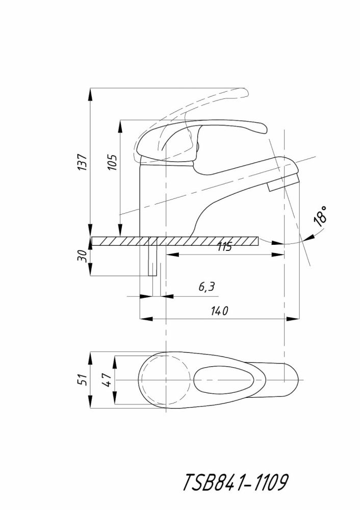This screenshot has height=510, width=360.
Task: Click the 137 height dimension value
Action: [x=83, y=162]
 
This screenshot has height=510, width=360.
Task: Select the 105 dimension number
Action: [x=112, y=162]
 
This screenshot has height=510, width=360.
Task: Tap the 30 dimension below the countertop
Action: [x=83, y=257]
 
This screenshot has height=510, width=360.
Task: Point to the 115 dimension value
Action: [x=224, y=247]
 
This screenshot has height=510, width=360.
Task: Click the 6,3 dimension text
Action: [x=207, y=287]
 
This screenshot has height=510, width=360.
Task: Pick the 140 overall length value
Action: [x=219, y=311]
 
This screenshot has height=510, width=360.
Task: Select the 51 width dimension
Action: [x=83, y=379]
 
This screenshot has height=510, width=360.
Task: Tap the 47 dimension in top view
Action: [x=108, y=379]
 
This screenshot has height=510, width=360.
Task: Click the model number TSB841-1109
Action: [x=236, y=482]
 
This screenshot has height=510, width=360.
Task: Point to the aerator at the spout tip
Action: [x=282, y=183]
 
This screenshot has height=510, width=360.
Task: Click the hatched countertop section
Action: [x=175, y=241]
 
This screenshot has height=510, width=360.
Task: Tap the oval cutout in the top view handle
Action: [x=224, y=380]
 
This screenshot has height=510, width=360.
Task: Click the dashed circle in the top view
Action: [x=166, y=380]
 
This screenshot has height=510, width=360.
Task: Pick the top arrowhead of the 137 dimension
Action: [x=90, y=94]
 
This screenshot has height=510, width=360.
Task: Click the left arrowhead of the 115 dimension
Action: [x=173, y=255]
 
